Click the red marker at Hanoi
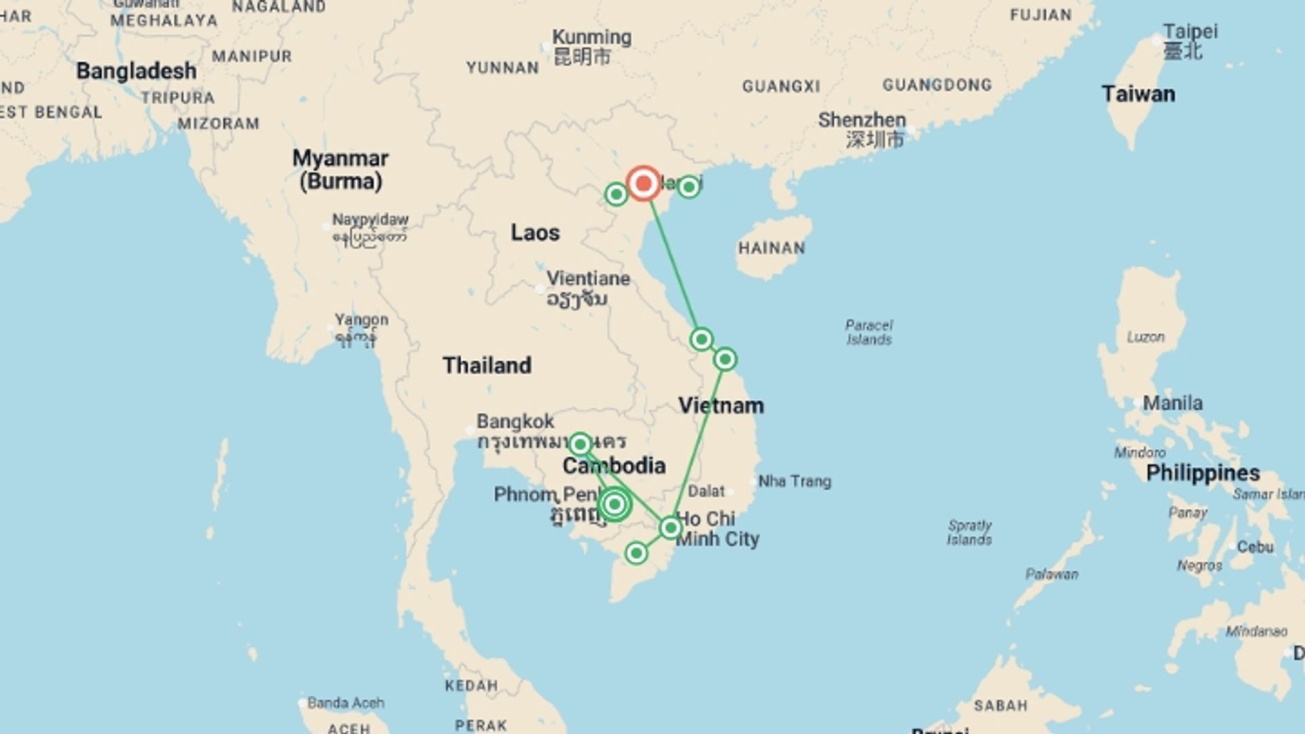point(643,183)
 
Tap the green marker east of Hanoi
point(689,186)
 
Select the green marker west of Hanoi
point(616,194)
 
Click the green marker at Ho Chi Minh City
point(671,528)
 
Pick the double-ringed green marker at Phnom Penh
point(614,504)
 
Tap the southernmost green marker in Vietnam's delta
point(636,553)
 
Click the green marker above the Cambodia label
point(580,444)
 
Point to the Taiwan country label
point(1138,94)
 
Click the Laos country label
point(535,233)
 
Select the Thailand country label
point(487,366)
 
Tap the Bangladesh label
point(136,71)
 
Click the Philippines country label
point(1202,473)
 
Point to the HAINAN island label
point(771,248)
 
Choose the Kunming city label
point(591,37)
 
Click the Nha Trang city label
point(794,481)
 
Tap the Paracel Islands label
point(869,332)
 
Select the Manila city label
point(1172,403)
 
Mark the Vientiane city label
point(588,279)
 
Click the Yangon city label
point(361,319)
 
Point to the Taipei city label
point(1190,31)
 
